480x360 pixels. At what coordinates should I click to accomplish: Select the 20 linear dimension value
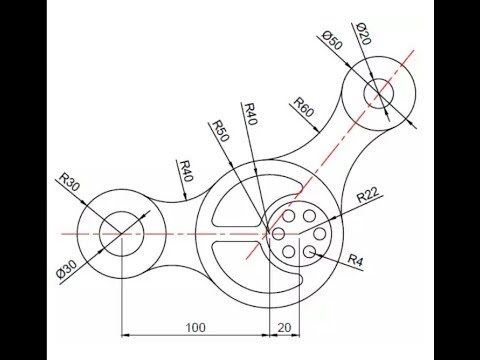tap(284, 325)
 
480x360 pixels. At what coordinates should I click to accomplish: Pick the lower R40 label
tap(185, 170)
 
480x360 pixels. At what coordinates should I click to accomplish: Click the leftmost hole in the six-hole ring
tap(279, 233)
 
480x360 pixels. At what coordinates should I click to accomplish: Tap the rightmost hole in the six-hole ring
tap(318, 233)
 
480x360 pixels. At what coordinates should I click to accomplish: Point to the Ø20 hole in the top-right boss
tap(378, 94)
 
